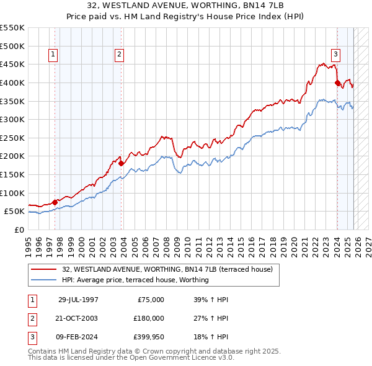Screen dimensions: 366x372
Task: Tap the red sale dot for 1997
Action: tap(55, 202)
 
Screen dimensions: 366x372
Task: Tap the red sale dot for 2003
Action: tap(121, 163)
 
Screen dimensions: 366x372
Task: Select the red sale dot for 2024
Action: tap(337, 83)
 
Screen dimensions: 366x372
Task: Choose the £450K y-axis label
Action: tap(12, 64)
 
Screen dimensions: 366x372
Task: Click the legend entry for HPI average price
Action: tap(135, 280)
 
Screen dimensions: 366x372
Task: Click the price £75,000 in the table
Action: tap(149, 299)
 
